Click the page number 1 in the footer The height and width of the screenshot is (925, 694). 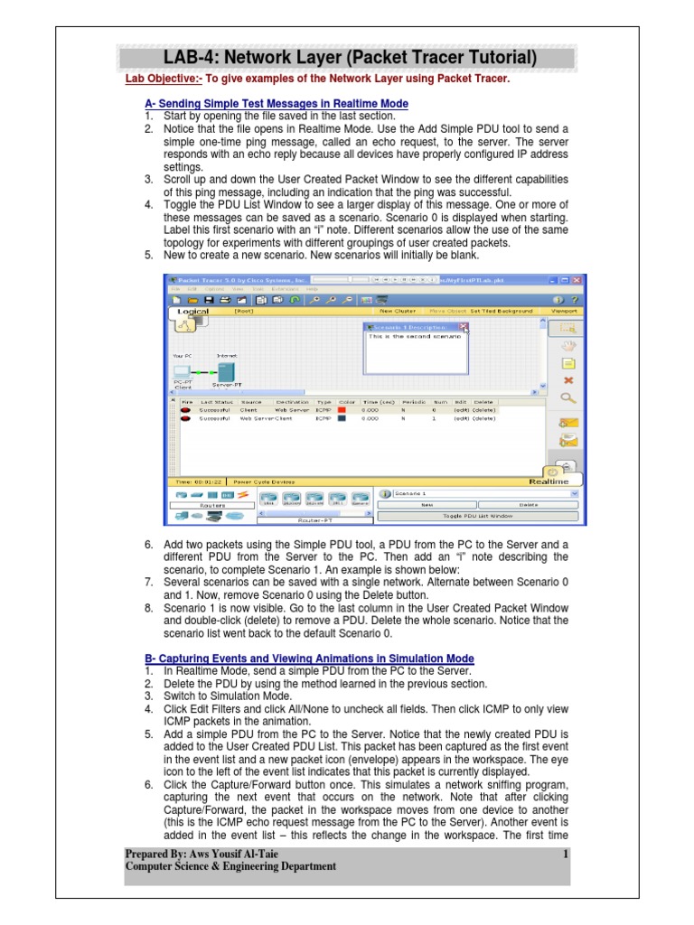click(565, 854)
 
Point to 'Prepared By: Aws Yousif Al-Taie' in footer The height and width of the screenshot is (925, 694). click(202, 854)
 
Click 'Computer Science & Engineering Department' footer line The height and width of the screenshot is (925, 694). click(230, 866)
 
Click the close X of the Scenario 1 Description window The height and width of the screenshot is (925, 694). click(463, 328)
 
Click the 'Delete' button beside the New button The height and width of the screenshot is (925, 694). click(528, 505)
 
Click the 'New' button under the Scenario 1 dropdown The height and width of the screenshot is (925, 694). click(427, 505)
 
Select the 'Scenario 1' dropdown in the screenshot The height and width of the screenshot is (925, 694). click(480, 494)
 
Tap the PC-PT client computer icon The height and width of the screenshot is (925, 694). click(182, 371)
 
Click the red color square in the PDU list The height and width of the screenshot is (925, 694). click(342, 409)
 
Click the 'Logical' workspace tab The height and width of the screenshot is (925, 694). click(192, 312)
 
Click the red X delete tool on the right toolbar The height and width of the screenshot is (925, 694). click(568, 380)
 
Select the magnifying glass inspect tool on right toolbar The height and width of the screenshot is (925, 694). click(568, 397)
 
